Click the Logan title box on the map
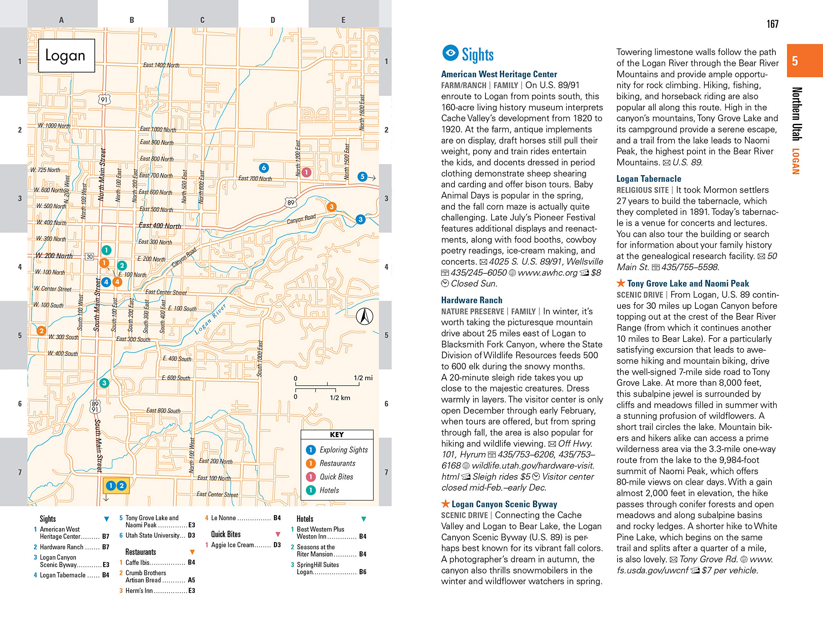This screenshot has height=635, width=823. click(x=66, y=55)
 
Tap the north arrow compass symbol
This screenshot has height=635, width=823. click(x=364, y=316)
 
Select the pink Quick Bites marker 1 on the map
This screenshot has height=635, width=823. click(x=306, y=172)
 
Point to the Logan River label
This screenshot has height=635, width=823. click(x=210, y=319)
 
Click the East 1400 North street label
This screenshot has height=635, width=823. click(x=161, y=65)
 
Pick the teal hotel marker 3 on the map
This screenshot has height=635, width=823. click(x=104, y=383)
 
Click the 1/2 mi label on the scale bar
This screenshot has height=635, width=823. click(x=363, y=378)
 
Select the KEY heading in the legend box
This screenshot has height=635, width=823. click(x=337, y=435)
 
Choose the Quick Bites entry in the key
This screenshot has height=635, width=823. click(x=336, y=477)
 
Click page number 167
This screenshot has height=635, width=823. click(x=772, y=24)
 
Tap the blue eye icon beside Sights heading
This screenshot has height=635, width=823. click(x=450, y=53)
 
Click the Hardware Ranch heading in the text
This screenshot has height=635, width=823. click(x=471, y=300)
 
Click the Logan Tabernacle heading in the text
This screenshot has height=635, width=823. click(x=648, y=179)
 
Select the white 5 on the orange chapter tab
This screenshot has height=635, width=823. click(x=795, y=61)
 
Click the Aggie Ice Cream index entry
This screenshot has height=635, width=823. click(x=232, y=545)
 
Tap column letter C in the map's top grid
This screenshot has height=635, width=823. click(x=202, y=20)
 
